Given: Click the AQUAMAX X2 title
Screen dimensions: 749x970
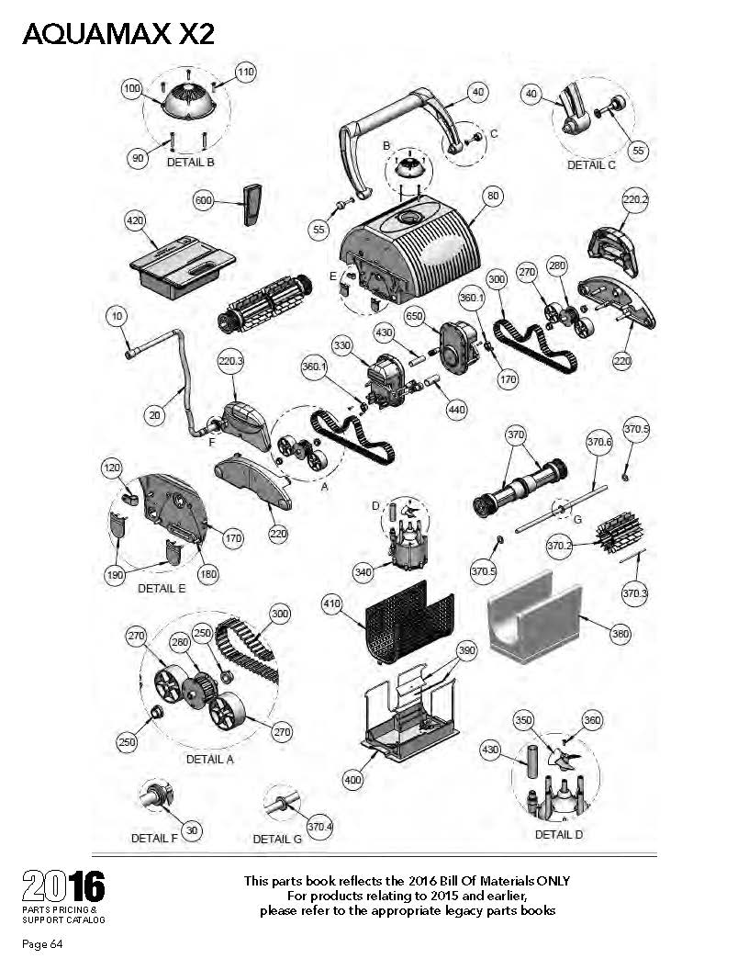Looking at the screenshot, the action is click(x=118, y=34).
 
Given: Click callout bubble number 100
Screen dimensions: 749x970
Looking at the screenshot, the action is click(x=131, y=88).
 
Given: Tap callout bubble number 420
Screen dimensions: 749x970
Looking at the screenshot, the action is click(x=135, y=220).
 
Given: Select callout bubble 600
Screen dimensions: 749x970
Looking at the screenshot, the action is click(x=204, y=200).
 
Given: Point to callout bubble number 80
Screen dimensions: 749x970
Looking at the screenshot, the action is click(x=493, y=196).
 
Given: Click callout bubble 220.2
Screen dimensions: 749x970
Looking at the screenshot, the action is click(x=634, y=200).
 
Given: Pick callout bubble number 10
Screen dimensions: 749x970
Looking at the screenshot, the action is click(x=117, y=317).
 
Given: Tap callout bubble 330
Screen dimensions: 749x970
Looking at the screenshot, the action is click(x=341, y=345).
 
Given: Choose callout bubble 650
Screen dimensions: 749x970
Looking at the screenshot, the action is click(x=414, y=317).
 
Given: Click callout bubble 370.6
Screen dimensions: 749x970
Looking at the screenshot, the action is click(x=598, y=442).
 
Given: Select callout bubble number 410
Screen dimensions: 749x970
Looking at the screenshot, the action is click(x=332, y=603).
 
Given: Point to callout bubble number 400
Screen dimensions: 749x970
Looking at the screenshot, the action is click(x=352, y=780).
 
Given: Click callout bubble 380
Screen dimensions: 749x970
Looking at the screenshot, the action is click(x=620, y=634).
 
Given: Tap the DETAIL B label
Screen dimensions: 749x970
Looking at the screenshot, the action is click(x=191, y=162).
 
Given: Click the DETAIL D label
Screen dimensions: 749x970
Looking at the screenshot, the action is click(x=559, y=834).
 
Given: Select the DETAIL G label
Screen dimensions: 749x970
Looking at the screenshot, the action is click(x=277, y=839).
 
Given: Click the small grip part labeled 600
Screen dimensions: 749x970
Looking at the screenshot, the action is click(x=252, y=204).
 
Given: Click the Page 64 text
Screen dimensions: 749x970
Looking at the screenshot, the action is click(x=42, y=944).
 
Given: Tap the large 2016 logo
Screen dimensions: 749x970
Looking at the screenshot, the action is click(x=63, y=886).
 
